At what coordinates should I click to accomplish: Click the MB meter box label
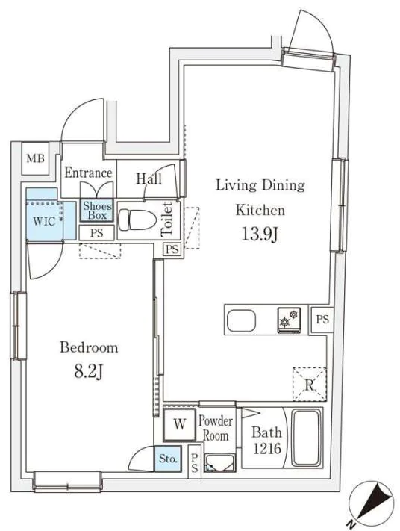35,158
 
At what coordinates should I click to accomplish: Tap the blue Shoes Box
96,211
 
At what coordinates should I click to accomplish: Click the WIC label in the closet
44,222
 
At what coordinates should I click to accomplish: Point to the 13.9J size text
260,234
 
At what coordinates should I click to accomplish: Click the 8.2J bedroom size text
88,372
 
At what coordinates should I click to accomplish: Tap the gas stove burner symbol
289,320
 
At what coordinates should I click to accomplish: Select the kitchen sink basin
241,320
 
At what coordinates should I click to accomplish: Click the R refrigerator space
309,384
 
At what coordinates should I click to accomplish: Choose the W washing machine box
179,425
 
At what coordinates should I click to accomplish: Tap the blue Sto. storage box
168,459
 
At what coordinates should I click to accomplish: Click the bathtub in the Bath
306,438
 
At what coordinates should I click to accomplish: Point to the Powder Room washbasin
220,462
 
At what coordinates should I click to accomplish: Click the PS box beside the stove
322,319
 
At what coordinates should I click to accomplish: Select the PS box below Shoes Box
97,233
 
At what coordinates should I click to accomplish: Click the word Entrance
88,173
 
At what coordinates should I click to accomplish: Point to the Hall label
149,178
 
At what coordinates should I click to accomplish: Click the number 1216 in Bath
267,449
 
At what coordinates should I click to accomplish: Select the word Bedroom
89,347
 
